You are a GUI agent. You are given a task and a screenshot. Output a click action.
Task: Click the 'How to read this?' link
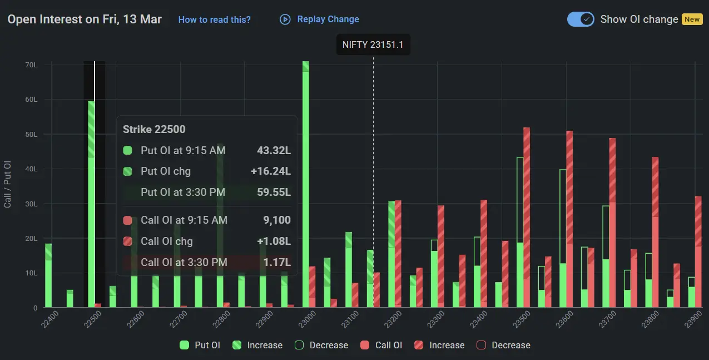point(214,19)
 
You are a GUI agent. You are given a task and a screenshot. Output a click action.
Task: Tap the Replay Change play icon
point(285,19)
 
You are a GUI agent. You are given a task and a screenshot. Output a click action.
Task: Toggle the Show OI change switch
point(581,19)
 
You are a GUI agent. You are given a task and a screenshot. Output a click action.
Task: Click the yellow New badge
point(692,19)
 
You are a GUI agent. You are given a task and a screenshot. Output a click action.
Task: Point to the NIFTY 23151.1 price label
point(373,45)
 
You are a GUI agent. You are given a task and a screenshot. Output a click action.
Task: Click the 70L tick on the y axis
point(31,65)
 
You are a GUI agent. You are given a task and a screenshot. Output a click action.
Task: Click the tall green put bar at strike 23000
point(306,184)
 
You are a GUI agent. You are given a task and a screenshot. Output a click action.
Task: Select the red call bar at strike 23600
point(569,219)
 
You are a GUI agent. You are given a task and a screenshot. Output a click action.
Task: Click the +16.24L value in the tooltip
point(270,171)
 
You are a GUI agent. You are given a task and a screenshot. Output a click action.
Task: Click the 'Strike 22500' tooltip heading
point(154,129)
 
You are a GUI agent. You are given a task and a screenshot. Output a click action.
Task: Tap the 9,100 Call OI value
point(277,220)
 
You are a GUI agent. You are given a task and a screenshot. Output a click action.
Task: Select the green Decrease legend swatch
point(299,345)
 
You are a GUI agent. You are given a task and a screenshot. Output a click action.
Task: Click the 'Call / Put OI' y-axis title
point(8,184)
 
